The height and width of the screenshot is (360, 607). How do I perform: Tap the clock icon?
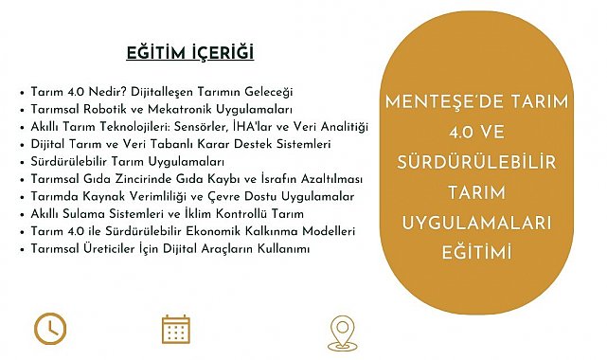[50, 329]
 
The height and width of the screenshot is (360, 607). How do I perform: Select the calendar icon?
[176, 329]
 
